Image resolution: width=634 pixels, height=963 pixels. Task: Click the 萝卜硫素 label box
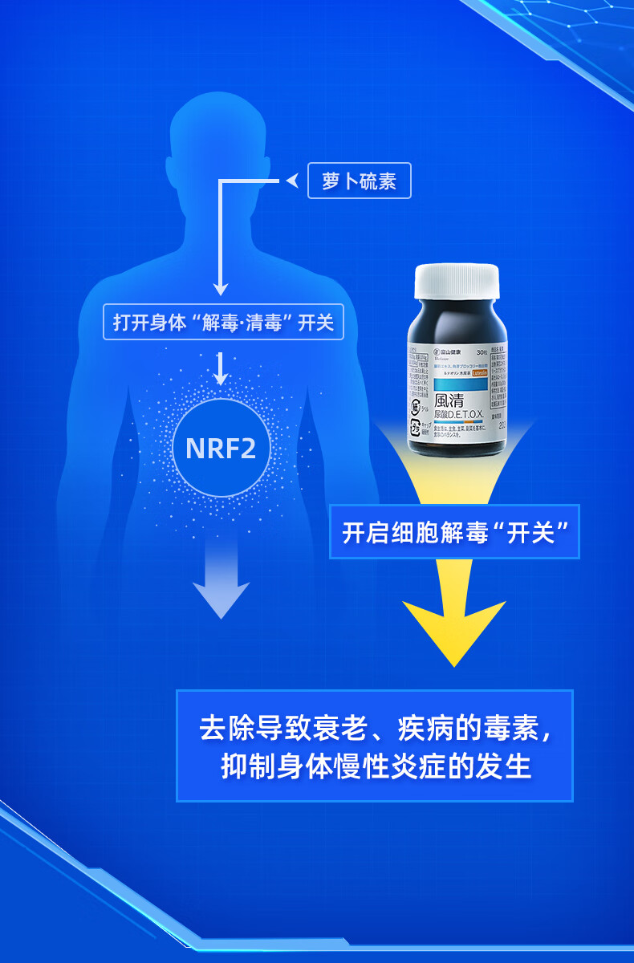[x=359, y=181]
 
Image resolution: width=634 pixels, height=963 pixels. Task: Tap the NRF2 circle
[x=221, y=448]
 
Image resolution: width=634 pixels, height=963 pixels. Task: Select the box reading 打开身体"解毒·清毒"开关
[x=223, y=323]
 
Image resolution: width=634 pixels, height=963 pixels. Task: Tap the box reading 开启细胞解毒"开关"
[x=454, y=532]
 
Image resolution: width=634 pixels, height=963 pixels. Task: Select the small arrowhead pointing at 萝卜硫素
[x=292, y=181]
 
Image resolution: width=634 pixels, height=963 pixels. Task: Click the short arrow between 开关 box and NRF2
[x=221, y=370]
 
